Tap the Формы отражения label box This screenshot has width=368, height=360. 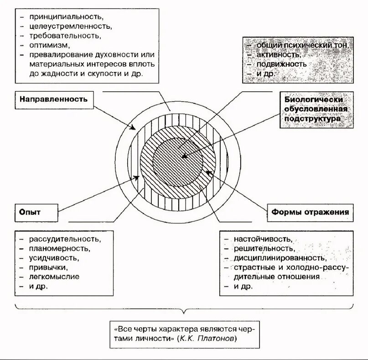pos(310,212)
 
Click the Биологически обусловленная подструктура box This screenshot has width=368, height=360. pos(316,110)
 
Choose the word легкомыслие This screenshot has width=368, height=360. pos(54,277)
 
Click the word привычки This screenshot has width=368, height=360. pos(49,267)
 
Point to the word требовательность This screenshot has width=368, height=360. pos(65,35)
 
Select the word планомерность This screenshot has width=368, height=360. pos(60,249)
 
